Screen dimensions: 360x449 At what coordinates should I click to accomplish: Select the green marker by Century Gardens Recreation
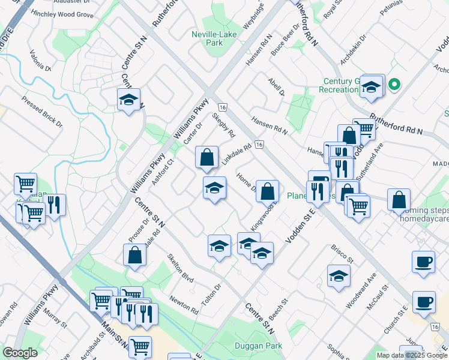[x=394, y=85]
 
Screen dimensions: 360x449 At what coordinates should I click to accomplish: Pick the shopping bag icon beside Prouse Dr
[x=135, y=254]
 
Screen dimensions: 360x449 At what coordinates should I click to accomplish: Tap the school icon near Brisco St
[x=339, y=276]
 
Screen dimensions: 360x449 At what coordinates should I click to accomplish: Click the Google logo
[x=20, y=353]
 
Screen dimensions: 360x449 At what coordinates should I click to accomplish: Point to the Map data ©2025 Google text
[x=412, y=355]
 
